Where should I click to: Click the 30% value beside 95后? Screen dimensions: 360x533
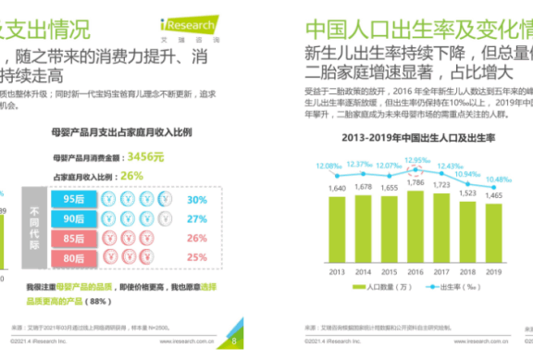point(196,199)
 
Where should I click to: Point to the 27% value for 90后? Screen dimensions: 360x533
point(196,219)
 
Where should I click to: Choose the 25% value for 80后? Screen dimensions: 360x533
point(196,258)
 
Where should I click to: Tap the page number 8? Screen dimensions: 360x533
point(234,341)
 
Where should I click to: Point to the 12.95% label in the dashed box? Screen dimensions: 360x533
point(418,160)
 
